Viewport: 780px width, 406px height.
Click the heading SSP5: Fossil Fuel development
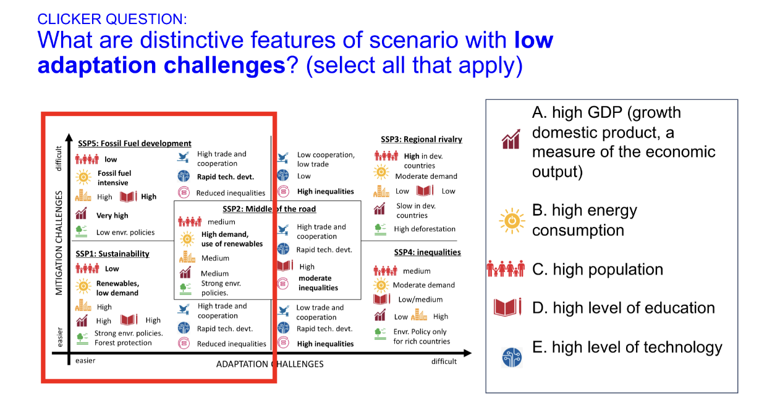[x=134, y=143]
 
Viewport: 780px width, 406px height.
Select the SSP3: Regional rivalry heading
[x=421, y=139]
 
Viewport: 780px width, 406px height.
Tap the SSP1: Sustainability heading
[x=112, y=254]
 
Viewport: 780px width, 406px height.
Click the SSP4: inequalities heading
[x=427, y=252]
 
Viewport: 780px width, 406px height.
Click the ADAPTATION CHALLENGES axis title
[x=269, y=364]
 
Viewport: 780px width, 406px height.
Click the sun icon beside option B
[x=511, y=220]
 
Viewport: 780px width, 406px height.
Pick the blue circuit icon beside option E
[x=512, y=357]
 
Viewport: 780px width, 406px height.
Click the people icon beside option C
[x=507, y=270]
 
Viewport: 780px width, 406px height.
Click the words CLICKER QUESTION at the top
[x=112, y=19]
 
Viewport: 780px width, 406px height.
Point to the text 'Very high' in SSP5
[x=112, y=216]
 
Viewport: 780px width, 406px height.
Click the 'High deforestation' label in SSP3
[x=425, y=230]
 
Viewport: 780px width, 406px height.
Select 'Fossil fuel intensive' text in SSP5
[x=114, y=178]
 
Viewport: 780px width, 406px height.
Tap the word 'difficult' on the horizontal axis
[x=444, y=362]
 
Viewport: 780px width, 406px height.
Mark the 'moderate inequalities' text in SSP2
[x=318, y=283]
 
